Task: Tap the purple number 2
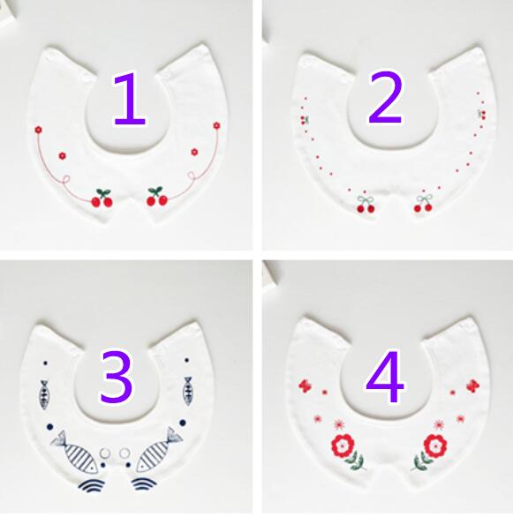pos(385,98)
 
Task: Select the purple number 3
pos(117,377)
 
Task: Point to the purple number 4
pos(385,377)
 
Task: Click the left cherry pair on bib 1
pos(102,199)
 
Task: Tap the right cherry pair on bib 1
pos(157,197)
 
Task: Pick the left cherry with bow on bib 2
pos(366,205)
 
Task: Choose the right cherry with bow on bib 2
pos(423,203)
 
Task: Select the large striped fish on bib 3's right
pos(159,449)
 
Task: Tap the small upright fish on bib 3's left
pos(44,394)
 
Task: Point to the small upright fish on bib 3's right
pos(188,391)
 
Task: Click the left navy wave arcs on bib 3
pos(92,485)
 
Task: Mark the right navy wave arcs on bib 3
pos(144,483)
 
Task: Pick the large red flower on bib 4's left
pos(343,446)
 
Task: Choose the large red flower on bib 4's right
pos(435,446)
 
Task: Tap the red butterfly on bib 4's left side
pos(305,386)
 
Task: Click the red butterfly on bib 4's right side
pos(473,386)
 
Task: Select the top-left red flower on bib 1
pos(39,130)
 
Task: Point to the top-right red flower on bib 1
pos(216,125)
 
